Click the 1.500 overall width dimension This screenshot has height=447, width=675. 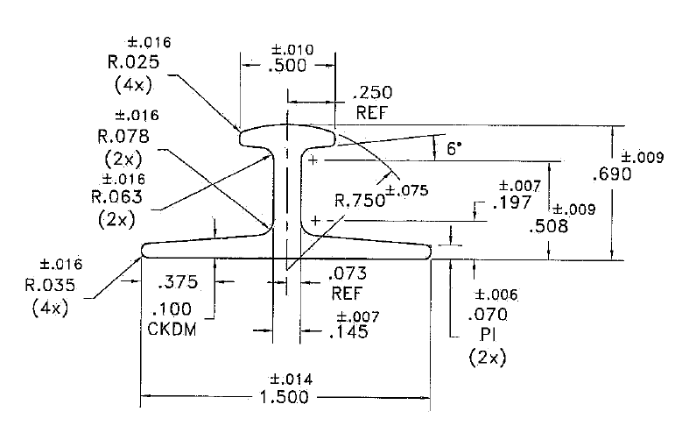coord(285,397)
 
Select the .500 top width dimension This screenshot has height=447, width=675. coord(288,68)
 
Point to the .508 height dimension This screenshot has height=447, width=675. coord(550,226)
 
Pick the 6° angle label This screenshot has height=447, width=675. coord(454,149)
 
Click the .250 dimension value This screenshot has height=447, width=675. coord(372,94)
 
